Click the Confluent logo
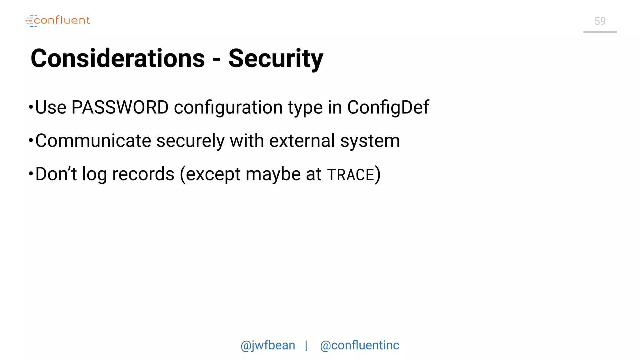pyautogui.click(x=58, y=21)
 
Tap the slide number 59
pyautogui.click(x=600, y=21)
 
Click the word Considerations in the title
pyautogui.click(x=118, y=58)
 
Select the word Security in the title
pyautogui.click(x=276, y=58)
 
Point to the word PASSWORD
pyautogui.click(x=120, y=107)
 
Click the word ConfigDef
pyautogui.click(x=388, y=107)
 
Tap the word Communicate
pyautogui.click(x=93, y=141)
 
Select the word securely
pyautogui.click(x=190, y=141)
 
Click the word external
pyautogui.click(x=302, y=141)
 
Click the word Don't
pyautogui.click(x=56, y=174)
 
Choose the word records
pyautogui.click(x=143, y=174)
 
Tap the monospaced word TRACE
pyautogui.click(x=350, y=175)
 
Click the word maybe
pyautogui.click(x=273, y=175)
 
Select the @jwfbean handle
pyautogui.click(x=268, y=345)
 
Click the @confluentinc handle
pyautogui.click(x=359, y=345)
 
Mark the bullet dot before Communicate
pyautogui.click(x=31, y=140)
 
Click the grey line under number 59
pyautogui.click(x=600, y=32)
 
